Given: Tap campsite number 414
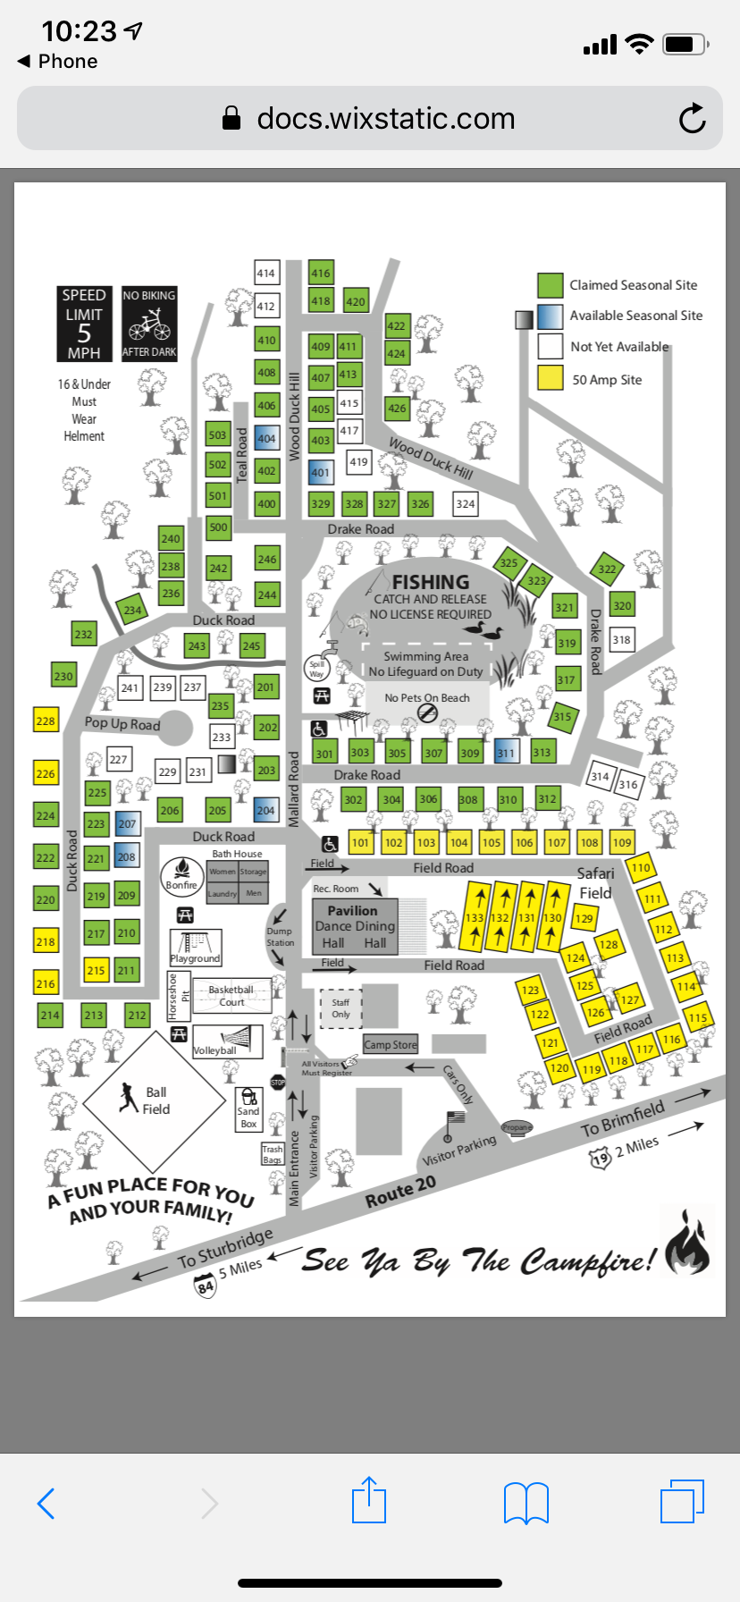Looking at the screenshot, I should [266, 274].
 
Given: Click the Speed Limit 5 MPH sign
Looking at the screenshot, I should [84, 324].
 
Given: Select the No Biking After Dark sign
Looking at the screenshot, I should [149, 324].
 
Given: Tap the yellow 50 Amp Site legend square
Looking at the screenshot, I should [550, 377].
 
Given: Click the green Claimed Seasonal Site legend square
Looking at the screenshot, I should [550, 285].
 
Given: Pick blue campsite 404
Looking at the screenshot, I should [266, 439].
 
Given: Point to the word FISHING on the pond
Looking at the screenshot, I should [430, 582].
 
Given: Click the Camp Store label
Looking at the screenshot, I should [391, 1044].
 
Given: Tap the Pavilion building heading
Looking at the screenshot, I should [352, 911].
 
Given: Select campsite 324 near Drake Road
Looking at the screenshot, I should [465, 504].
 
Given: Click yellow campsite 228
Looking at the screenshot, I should [46, 721].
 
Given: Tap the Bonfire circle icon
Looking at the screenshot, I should [181, 874].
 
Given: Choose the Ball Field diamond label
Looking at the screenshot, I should [156, 1100].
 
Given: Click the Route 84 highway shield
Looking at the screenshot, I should [206, 1286].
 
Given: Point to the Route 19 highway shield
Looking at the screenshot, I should [600, 1159].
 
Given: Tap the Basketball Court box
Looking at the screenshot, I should [231, 995].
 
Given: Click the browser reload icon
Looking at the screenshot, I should [692, 118].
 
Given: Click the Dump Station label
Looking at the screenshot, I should [280, 937].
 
